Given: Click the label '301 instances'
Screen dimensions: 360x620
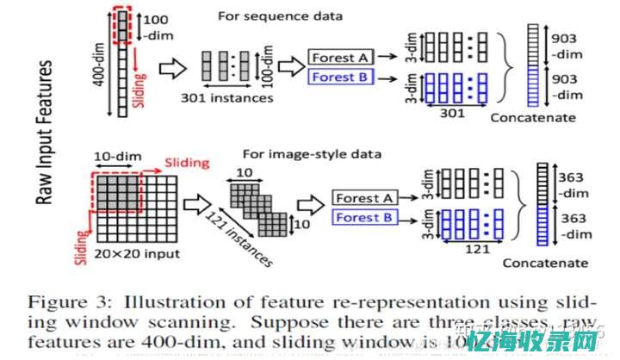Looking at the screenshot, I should (228, 97).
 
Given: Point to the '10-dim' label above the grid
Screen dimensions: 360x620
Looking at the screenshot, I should (116, 157).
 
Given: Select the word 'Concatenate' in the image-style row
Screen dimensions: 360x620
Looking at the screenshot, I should (546, 263).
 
